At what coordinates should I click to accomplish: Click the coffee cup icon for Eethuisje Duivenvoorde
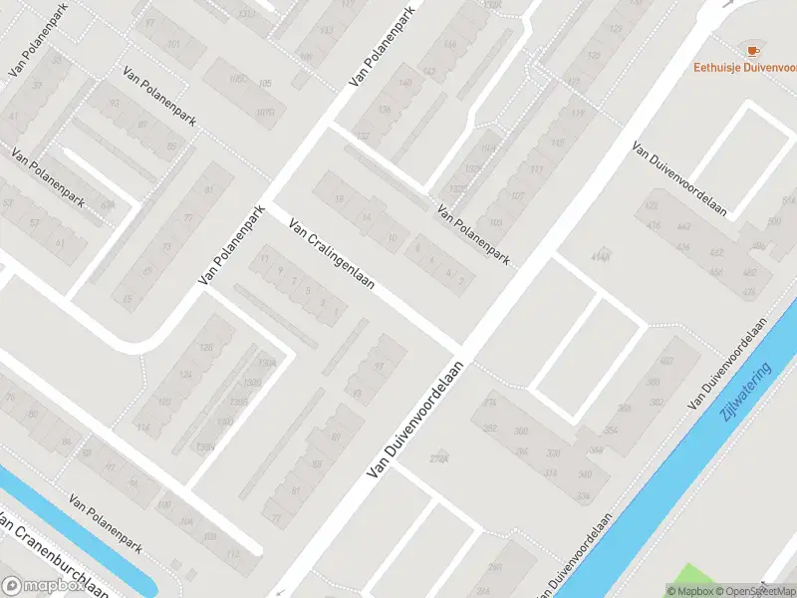[752, 50]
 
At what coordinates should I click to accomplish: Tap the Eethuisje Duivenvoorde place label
[745, 68]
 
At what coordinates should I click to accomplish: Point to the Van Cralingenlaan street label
[331, 255]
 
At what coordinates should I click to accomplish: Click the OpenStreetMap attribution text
[753, 591]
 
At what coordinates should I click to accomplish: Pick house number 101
[174, 45]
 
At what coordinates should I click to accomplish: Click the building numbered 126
[206, 347]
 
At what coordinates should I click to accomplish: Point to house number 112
[233, 554]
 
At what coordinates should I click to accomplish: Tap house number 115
[577, 115]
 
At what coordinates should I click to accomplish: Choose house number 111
[537, 171]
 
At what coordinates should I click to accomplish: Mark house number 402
[666, 362]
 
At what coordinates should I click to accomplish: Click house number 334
[583, 496]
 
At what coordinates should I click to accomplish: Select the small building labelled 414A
[600, 257]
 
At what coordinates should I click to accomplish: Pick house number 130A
[266, 362]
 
